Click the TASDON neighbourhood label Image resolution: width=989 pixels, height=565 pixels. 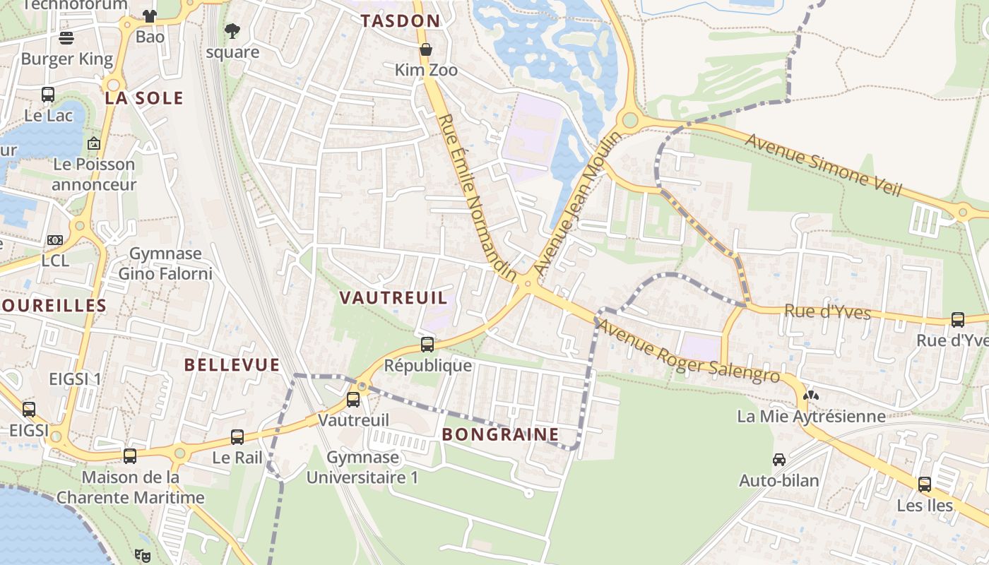click(400, 21)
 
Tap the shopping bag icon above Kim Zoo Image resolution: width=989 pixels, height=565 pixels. click(425, 49)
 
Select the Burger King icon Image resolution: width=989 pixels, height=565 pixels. click(66, 37)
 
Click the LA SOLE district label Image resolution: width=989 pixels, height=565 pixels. click(144, 98)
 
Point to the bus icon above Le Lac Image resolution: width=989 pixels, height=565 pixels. click(48, 94)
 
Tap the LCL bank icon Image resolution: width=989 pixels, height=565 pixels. click(55, 240)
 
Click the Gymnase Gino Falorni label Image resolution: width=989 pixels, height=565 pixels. click(165, 263)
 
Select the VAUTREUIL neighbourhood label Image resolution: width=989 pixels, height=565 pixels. click(393, 297)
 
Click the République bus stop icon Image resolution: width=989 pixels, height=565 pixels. click(427, 345)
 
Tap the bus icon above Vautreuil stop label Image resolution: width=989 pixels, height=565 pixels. click(353, 400)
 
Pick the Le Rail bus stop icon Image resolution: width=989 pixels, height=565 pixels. click(237, 437)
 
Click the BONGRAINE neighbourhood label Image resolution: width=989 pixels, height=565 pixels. click(500, 434)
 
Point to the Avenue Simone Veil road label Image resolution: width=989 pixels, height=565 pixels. click(824, 165)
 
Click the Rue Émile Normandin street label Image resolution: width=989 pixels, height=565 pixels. click(478, 198)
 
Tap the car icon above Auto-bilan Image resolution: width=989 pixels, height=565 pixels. click(778, 460)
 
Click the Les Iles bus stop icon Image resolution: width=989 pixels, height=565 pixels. click(925, 484)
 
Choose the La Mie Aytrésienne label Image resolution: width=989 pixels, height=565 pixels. click(811, 416)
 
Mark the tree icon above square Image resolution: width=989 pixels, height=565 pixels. click(232, 31)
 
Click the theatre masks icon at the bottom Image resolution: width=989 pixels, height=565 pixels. click(143, 555)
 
